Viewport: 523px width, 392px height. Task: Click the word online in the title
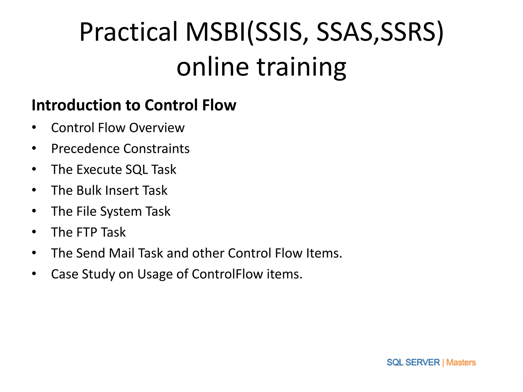[212, 67]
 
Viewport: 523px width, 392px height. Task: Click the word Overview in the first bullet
[157, 128]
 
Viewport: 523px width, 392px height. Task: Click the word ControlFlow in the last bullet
[227, 274]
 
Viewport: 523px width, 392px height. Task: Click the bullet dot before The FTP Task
[34, 232]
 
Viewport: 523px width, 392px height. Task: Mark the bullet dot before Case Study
[34, 274]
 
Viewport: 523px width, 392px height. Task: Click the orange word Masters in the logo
[461, 362]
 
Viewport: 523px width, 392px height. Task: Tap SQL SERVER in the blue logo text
[413, 362]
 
